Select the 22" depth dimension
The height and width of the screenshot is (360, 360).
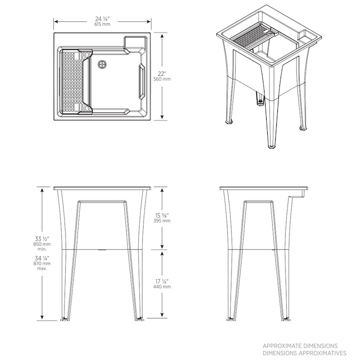point(162,73)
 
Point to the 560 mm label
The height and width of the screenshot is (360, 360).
point(162,79)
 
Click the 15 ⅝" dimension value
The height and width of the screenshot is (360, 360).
point(162,215)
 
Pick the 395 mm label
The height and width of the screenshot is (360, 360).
point(162,221)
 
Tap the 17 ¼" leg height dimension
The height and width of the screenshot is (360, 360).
point(162,281)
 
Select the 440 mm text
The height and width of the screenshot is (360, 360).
point(162,286)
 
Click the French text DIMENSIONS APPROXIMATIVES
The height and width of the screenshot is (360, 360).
point(304,353)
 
